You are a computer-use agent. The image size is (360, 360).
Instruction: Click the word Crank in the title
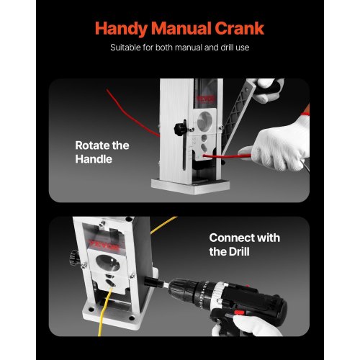pos(239,29)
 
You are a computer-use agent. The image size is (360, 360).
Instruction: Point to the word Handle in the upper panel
pos(94,159)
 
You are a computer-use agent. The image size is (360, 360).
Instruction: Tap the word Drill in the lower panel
pos(239,251)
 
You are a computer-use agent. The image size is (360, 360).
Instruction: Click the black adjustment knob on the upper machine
pos(181,128)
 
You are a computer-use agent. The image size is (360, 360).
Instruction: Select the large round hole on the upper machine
pos(204,122)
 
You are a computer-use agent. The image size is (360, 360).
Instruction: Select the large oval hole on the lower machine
pos(108,263)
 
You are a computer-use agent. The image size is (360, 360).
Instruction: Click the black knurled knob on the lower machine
pos(75,258)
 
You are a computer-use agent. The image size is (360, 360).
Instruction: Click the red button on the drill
pos(238,312)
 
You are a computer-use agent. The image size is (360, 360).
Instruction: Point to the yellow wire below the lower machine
pos(104,312)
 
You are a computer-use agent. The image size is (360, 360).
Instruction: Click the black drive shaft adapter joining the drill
pos(153,282)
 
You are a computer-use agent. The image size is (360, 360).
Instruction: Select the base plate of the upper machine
pos(190,186)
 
